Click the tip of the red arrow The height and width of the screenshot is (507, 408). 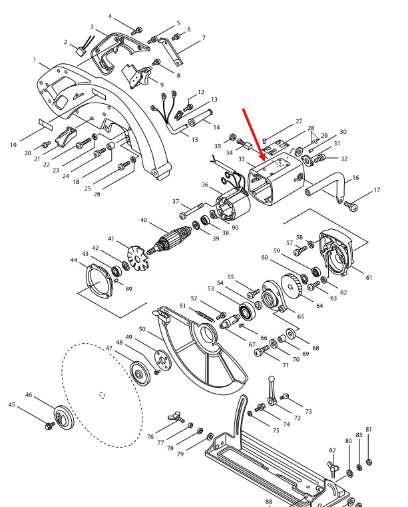click(264, 161)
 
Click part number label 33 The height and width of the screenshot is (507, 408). click(242, 159)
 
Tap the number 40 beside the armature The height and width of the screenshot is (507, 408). click(144, 220)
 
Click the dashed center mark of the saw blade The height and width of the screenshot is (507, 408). click(102, 395)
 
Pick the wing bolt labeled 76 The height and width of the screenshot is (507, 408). click(176, 417)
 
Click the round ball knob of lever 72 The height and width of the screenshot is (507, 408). click(272, 378)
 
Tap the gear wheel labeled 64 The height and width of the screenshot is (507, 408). click(291, 286)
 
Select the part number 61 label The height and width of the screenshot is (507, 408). click(369, 277)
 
